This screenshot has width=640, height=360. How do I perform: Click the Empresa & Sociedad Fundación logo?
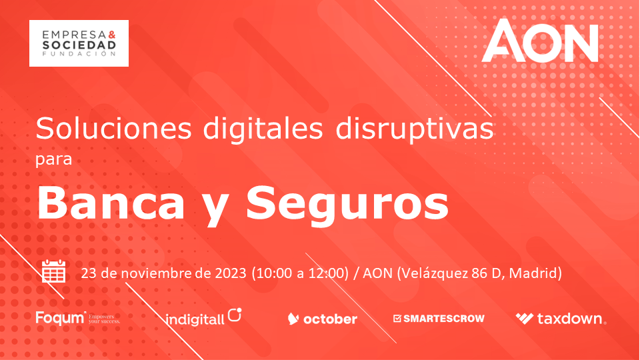click(79, 43)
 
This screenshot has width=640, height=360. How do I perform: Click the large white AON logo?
click(540, 41)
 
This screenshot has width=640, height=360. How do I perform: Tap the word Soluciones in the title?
click(113, 128)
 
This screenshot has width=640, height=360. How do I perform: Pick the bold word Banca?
click(111, 203)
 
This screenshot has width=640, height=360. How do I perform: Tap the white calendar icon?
click(54, 271)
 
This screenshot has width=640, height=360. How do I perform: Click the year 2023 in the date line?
click(231, 273)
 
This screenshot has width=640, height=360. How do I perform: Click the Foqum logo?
click(78, 318)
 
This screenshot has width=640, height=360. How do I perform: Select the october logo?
click(323, 319)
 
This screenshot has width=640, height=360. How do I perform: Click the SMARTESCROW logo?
click(439, 319)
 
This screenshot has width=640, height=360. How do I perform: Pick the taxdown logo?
click(561, 319)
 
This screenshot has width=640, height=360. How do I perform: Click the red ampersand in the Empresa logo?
click(112, 35)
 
